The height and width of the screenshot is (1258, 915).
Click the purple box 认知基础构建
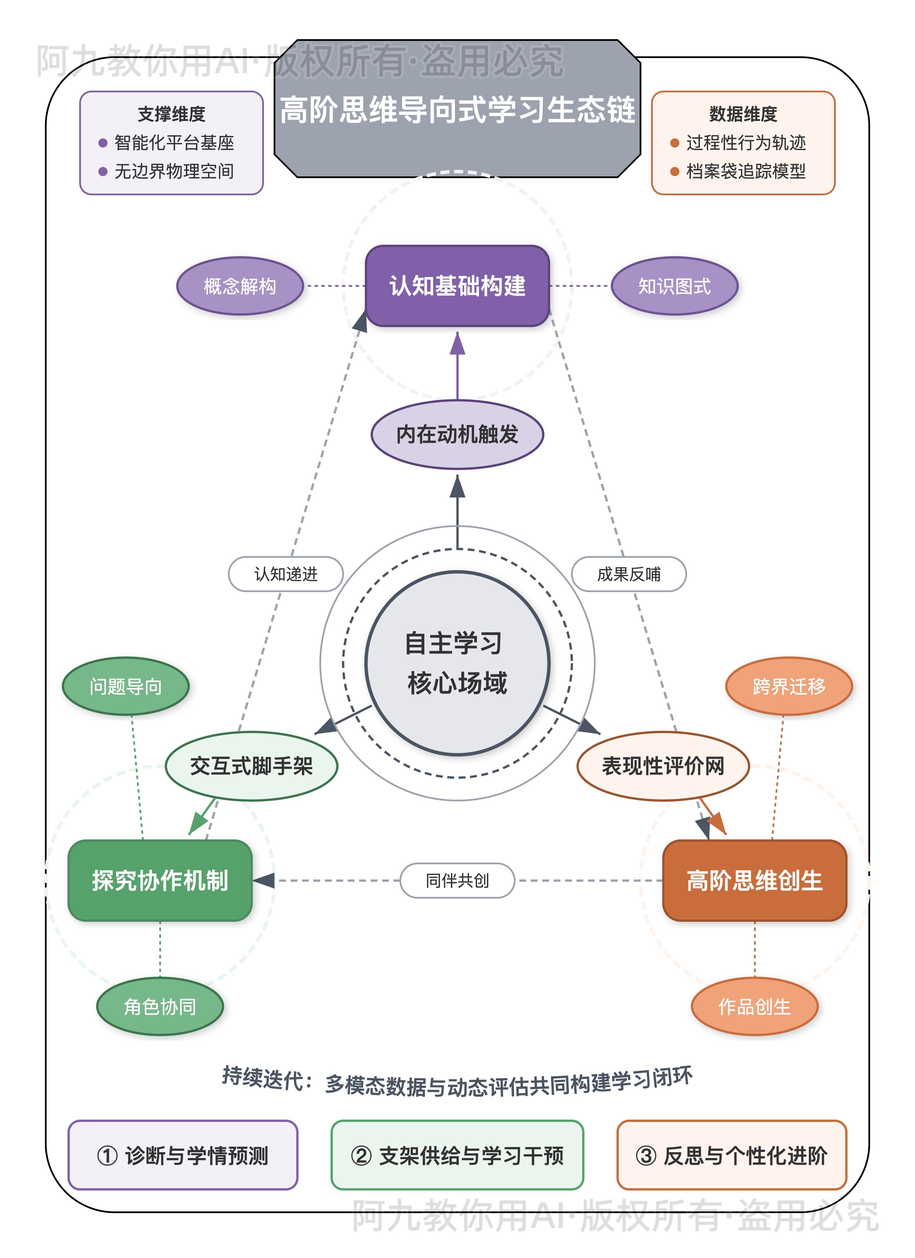tap(457, 286)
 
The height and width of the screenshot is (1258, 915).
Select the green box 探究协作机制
tap(160, 880)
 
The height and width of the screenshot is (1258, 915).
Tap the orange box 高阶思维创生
tap(755, 880)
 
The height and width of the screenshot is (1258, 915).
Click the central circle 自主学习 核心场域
tap(457, 663)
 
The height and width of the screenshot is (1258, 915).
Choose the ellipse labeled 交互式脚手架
tap(251, 766)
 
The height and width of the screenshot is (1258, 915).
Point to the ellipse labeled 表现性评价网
tap(663, 766)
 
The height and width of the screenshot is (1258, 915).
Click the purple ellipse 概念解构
tap(240, 286)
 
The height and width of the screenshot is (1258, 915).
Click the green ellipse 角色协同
tap(160, 1006)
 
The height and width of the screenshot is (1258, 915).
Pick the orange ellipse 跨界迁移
tap(789, 686)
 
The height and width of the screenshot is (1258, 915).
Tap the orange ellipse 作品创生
tap(755, 1006)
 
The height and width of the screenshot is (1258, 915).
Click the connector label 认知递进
tap(286, 574)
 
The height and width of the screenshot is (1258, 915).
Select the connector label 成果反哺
tap(629, 574)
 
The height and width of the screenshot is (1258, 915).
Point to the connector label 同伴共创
tap(457, 880)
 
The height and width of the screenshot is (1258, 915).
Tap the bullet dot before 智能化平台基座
tap(103, 143)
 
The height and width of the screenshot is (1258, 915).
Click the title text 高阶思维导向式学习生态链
tap(457, 109)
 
